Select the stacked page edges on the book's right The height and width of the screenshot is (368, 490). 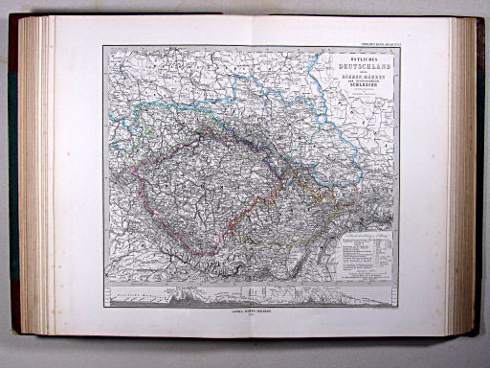point(463,182)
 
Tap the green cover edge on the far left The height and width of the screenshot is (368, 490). point(13,182)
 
